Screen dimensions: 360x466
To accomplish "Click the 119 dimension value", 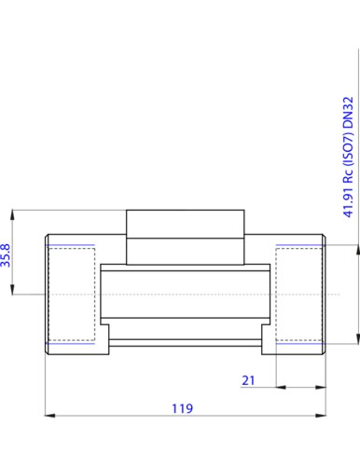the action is tap(182, 408).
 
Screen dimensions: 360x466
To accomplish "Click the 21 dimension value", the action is tap(248, 380).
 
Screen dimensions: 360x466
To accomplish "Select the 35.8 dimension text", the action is tap(6, 255).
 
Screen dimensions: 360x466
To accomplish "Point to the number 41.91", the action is tap(348, 201).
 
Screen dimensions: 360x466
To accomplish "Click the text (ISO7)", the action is tap(348, 149).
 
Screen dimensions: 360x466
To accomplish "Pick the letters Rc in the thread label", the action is tap(348, 176).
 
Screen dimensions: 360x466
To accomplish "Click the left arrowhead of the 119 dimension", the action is tap(49, 416).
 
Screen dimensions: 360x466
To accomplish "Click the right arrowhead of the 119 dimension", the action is tap(321, 416).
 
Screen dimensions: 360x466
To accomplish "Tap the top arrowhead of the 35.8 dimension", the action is tap(12, 215).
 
